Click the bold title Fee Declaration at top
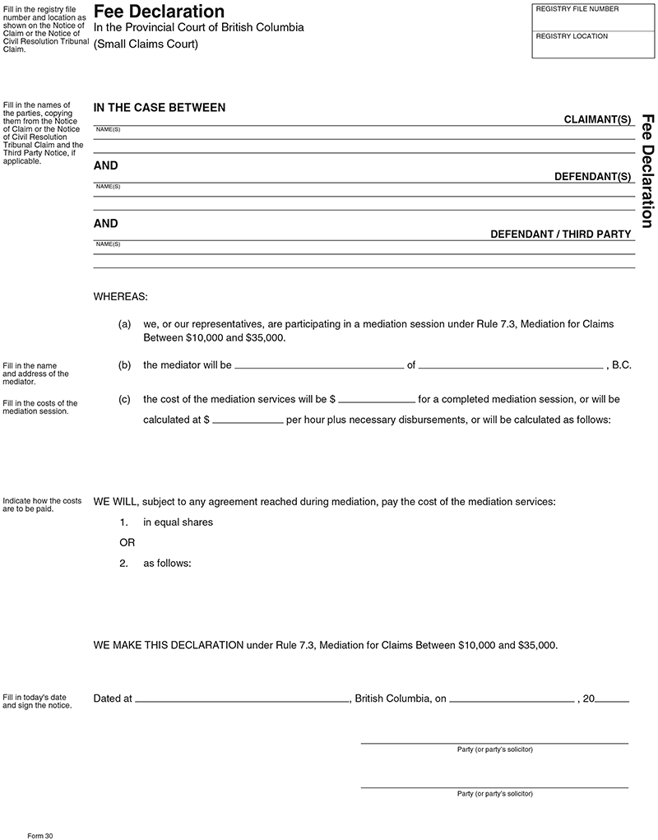coord(159,12)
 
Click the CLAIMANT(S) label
coord(597,119)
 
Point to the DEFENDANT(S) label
coord(592,177)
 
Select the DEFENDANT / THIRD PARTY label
coord(561,234)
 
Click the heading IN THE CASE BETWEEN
coord(160,108)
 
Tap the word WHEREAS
coord(120,295)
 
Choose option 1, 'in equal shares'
coord(178,522)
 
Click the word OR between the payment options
coord(127,543)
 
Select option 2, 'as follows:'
coord(167,564)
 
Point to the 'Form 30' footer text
coord(39,834)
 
